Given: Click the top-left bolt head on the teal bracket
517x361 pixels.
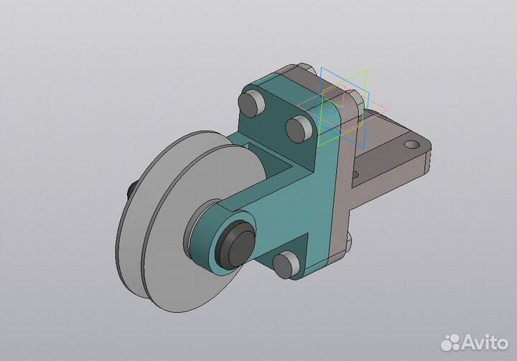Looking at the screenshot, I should coord(251,103).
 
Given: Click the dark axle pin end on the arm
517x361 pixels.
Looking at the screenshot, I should coord(238,243).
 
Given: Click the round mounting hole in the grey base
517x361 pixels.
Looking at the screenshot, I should coord(411,144).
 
